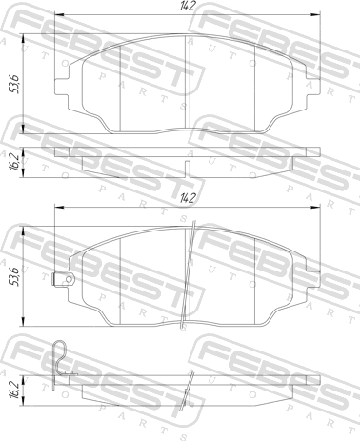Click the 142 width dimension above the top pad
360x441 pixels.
pos(188,6)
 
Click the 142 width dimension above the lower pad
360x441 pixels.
pos(188,199)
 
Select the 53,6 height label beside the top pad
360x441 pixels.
pos(14,84)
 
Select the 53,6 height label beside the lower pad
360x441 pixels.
pos(14,276)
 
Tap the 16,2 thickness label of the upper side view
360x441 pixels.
pos(14,163)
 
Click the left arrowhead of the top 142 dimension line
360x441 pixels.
pos(60,14)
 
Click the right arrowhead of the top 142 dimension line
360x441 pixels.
pos(315,14)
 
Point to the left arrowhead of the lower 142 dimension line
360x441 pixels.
pos(60,208)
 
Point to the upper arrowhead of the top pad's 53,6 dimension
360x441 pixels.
pos(24,39)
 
